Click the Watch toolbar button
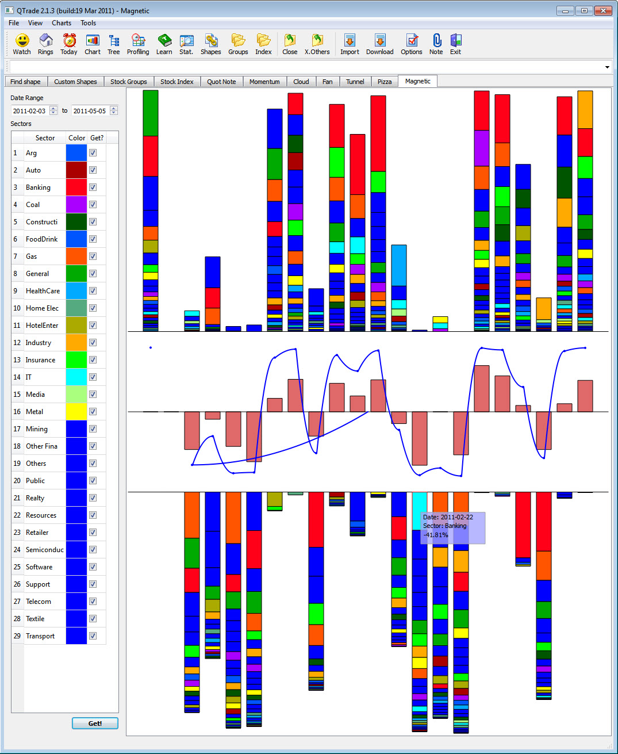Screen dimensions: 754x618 (x=22, y=44)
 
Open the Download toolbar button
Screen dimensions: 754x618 (x=379, y=44)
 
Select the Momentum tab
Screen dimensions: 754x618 (x=264, y=82)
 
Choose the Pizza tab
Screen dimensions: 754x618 (x=385, y=82)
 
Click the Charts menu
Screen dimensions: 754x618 (x=62, y=23)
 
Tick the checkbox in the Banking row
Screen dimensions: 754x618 (x=93, y=187)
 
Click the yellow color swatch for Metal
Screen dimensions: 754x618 (x=76, y=412)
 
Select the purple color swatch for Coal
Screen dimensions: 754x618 (x=76, y=205)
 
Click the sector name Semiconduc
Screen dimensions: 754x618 (x=45, y=550)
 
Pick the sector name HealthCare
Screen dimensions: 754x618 (x=43, y=291)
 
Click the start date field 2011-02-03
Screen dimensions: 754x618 (x=29, y=111)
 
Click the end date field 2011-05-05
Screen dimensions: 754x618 (x=90, y=111)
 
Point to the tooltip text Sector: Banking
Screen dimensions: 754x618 (x=444, y=526)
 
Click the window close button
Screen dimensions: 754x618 (x=602, y=10)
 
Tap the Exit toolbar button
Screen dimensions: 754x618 (x=455, y=44)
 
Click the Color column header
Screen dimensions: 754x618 (x=76, y=138)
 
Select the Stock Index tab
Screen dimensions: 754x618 (x=177, y=82)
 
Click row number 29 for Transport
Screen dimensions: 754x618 (x=17, y=636)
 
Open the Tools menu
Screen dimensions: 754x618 (x=88, y=23)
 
